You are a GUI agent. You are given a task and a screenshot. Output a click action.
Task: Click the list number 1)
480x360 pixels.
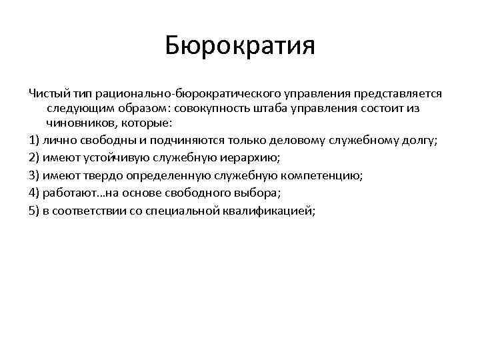[x=34, y=140]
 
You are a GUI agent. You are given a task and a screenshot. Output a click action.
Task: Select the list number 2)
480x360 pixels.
[x=34, y=158]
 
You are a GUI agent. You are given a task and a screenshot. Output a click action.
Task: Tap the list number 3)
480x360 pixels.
[x=34, y=175]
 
